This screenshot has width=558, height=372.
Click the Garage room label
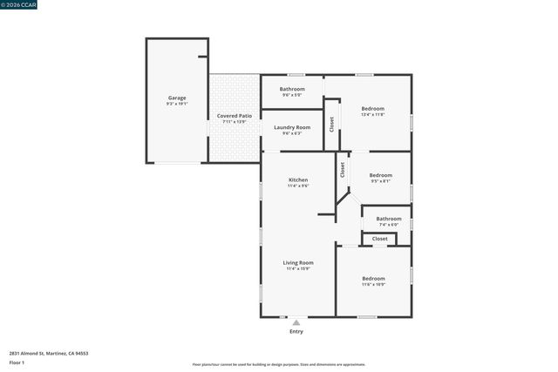point(177,98)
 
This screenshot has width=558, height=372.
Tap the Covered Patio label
point(235,116)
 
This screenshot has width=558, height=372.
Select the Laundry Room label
point(291,127)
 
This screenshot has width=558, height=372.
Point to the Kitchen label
point(298,179)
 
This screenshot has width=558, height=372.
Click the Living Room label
point(298,262)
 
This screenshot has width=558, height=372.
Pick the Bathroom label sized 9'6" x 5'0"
point(292,89)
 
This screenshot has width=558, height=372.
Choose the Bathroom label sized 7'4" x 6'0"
point(389,219)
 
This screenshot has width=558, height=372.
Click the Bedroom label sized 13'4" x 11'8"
point(372,108)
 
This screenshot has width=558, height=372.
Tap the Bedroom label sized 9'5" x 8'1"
point(380,175)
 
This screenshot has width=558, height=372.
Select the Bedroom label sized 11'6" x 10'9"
point(373,279)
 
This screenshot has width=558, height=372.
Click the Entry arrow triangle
point(296,322)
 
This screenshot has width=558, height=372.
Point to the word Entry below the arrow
point(296,332)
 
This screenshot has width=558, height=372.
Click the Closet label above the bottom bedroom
point(380,238)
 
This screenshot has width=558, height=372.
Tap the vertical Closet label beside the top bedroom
point(331,124)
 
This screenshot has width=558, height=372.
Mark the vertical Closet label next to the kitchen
point(343,169)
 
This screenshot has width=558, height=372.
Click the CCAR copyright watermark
point(18,4)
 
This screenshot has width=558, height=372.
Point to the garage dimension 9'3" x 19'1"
point(177,104)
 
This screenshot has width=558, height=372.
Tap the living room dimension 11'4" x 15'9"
point(298,268)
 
